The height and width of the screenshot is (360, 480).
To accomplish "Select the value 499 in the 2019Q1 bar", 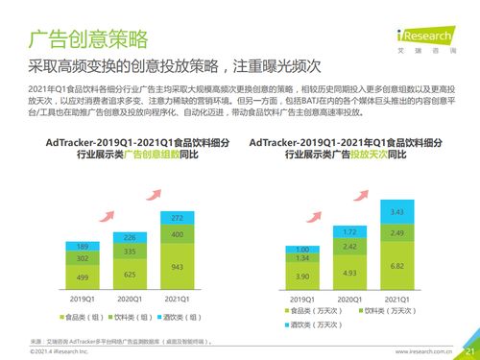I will coord(84,276).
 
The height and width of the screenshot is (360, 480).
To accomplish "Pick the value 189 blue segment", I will coord(84,246).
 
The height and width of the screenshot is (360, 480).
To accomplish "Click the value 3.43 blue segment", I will coord(396,211).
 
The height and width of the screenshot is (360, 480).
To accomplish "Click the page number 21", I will coord(468,351).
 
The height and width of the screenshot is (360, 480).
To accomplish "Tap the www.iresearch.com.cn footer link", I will coord(422,352).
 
